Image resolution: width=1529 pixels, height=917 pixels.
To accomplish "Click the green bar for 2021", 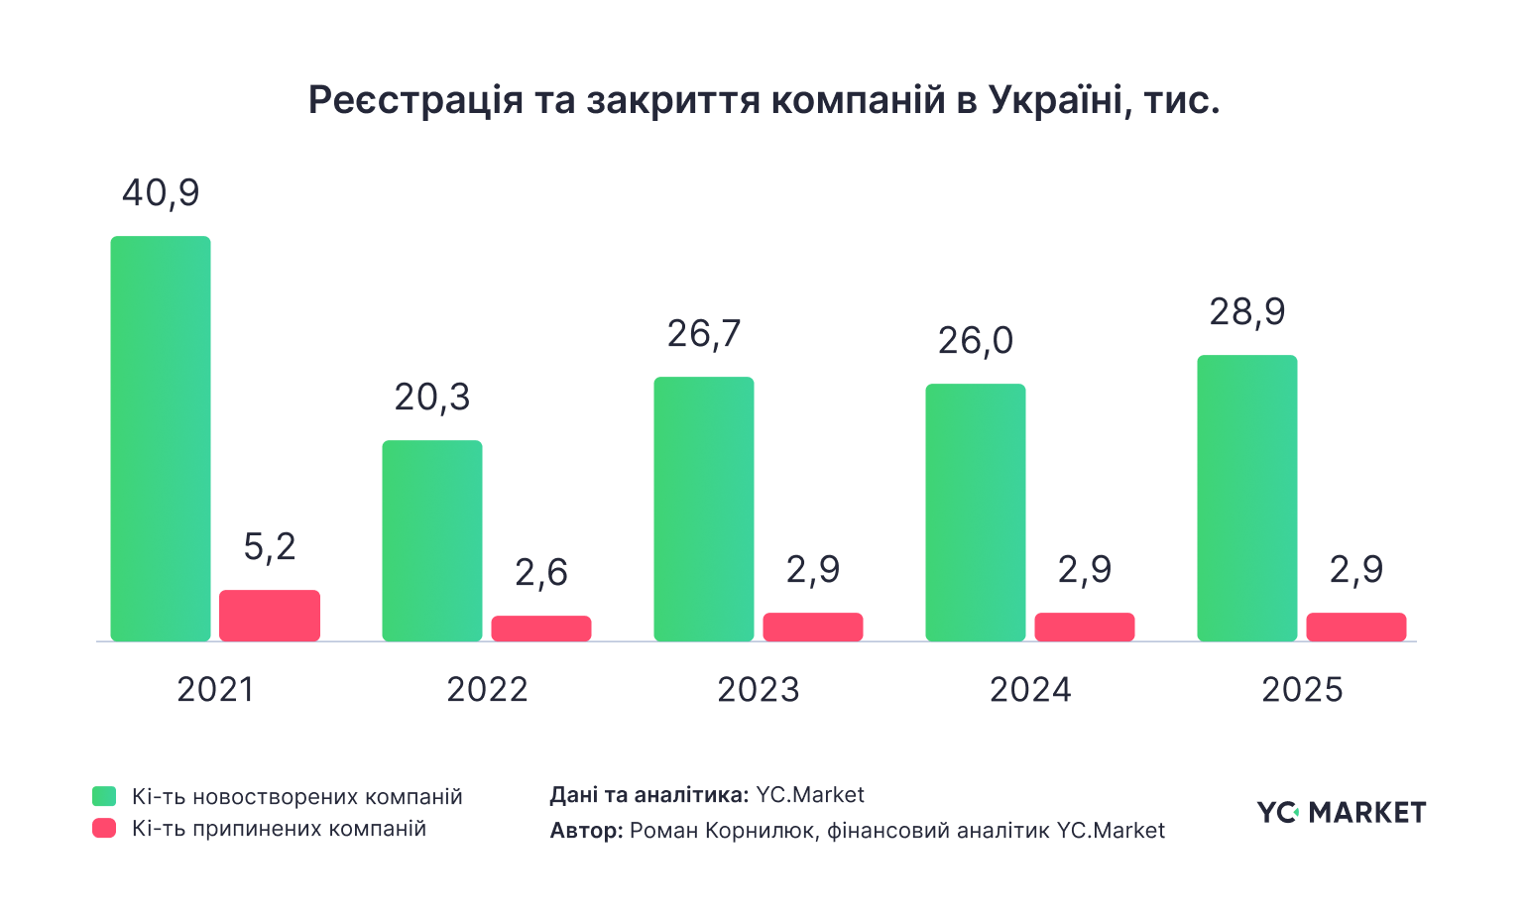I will coord(161,438).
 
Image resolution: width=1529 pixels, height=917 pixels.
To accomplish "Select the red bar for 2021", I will coord(270,616).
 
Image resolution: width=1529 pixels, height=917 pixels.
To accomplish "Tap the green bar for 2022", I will coord(432,540).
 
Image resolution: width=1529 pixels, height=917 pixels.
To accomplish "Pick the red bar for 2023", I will coord(813,627).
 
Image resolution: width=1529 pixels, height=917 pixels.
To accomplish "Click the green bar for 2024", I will coord(976,512).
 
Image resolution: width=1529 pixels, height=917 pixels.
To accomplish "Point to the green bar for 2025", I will coord(1247,498).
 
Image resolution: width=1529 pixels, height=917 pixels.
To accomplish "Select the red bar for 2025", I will coord(1356,627).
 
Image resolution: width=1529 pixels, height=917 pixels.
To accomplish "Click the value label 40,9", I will coord(161,193).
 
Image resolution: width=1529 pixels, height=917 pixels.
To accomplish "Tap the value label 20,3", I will coord(432,398).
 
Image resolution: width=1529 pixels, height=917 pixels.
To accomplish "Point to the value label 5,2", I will coord(270,547).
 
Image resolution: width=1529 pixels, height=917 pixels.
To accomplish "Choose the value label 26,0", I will coord(976,341).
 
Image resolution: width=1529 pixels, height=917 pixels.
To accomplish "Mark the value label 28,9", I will coord(1247,312).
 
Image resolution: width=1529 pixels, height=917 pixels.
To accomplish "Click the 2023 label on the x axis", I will coord(759,690).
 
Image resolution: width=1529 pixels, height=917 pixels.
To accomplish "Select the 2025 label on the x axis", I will coord(1302,690).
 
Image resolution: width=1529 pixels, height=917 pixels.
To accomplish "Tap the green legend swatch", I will coord(104,796).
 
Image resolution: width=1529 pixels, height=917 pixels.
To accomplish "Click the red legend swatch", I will coord(104,829).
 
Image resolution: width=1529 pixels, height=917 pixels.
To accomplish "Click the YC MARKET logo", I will coord(1342,812).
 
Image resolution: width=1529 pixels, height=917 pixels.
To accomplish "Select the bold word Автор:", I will coord(586,831).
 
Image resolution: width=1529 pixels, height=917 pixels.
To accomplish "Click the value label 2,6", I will coord(541,573).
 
